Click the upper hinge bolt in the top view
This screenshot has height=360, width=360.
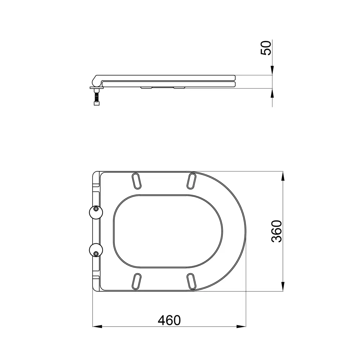(96, 209)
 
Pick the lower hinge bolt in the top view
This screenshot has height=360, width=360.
(96, 253)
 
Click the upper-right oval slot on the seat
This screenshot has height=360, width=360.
(192, 180)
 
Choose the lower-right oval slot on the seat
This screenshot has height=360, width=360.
(192, 281)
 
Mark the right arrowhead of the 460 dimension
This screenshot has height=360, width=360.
(243, 327)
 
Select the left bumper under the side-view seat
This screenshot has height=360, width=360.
(146, 87)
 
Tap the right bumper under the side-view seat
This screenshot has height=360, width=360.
(179, 87)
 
